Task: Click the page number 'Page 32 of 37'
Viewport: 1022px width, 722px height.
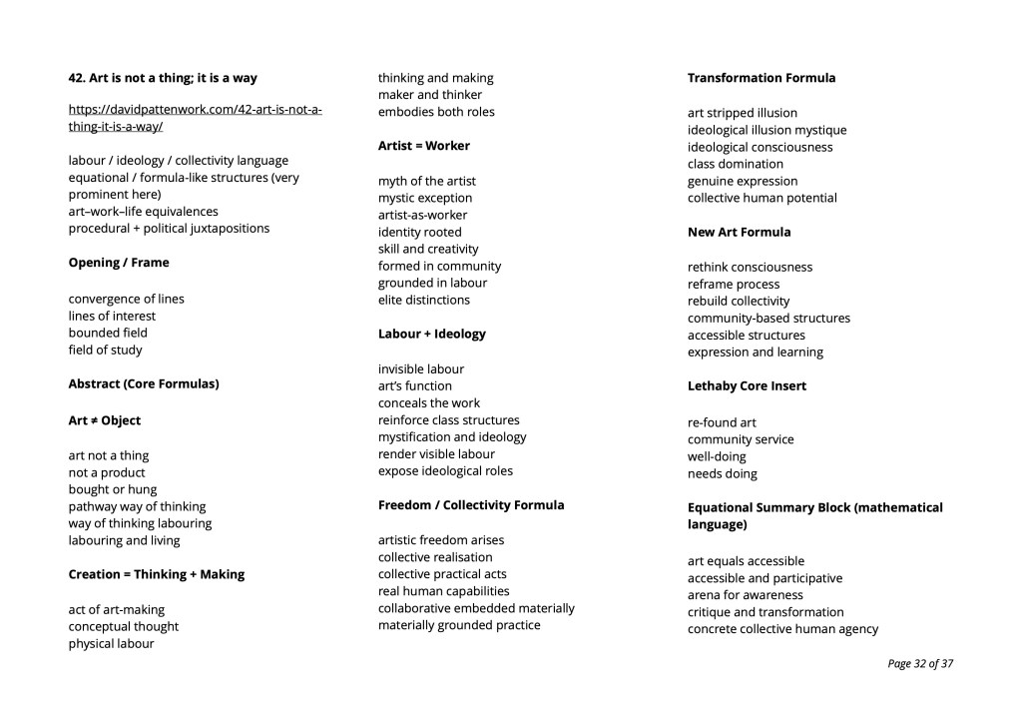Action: pyautogui.click(x=920, y=663)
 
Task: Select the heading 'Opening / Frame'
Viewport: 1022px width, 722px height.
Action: pyautogui.click(x=119, y=263)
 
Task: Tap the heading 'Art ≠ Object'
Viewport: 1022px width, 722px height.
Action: pyautogui.click(x=105, y=420)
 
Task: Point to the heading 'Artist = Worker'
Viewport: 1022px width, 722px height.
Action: pyautogui.click(x=424, y=146)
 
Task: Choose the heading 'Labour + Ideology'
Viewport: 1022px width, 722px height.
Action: pyautogui.click(x=432, y=334)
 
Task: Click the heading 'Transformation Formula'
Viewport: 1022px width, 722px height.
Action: pyautogui.click(x=762, y=78)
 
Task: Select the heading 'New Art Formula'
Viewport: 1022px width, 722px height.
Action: pyautogui.click(x=739, y=232)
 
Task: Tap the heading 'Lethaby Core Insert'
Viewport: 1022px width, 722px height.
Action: pyautogui.click(x=747, y=385)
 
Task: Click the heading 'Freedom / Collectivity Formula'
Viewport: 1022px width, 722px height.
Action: pyautogui.click(x=471, y=505)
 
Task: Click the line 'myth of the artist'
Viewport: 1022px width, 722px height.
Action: pyautogui.click(x=427, y=181)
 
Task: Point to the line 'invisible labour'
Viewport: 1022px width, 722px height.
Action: pyautogui.click(x=421, y=368)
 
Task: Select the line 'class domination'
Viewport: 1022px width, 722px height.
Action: pyautogui.click(x=736, y=164)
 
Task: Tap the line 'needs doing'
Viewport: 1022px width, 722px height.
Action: pyautogui.click(x=723, y=473)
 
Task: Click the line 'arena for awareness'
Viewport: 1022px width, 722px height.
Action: pyautogui.click(x=746, y=595)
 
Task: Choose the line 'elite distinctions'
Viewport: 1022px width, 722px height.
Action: pyautogui.click(x=424, y=300)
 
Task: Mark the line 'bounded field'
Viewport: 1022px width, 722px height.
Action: pyautogui.click(x=108, y=333)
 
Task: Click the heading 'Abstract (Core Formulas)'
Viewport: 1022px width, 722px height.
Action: pyautogui.click(x=144, y=383)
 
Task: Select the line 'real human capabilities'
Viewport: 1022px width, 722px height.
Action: pyautogui.click(x=444, y=591)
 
